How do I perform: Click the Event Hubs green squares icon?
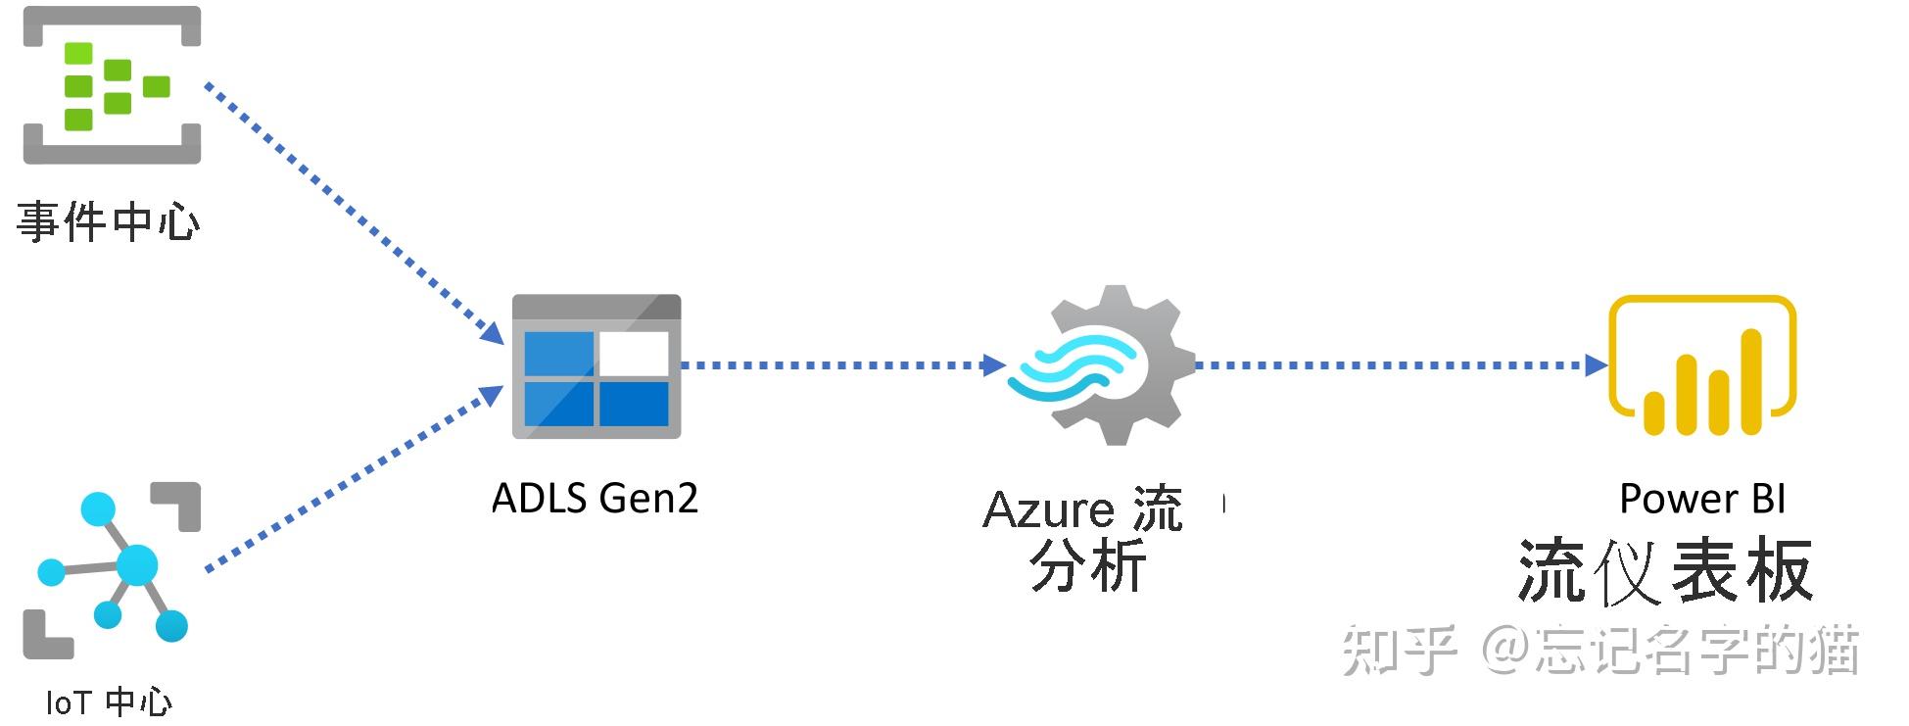click(112, 85)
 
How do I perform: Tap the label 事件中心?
click(108, 222)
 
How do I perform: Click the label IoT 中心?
click(109, 702)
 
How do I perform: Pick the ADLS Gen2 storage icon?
click(596, 366)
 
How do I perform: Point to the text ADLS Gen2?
click(595, 499)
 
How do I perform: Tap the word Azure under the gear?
click(1048, 510)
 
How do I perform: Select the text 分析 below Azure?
click(1087, 566)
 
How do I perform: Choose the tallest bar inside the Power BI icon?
click(1751, 382)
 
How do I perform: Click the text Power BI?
click(1702, 499)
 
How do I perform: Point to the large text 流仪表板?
click(1665, 570)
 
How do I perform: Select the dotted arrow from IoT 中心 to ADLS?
click(353, 478)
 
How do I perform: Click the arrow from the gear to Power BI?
click(1401, 365)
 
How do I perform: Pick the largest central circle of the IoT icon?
click(136, 565)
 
